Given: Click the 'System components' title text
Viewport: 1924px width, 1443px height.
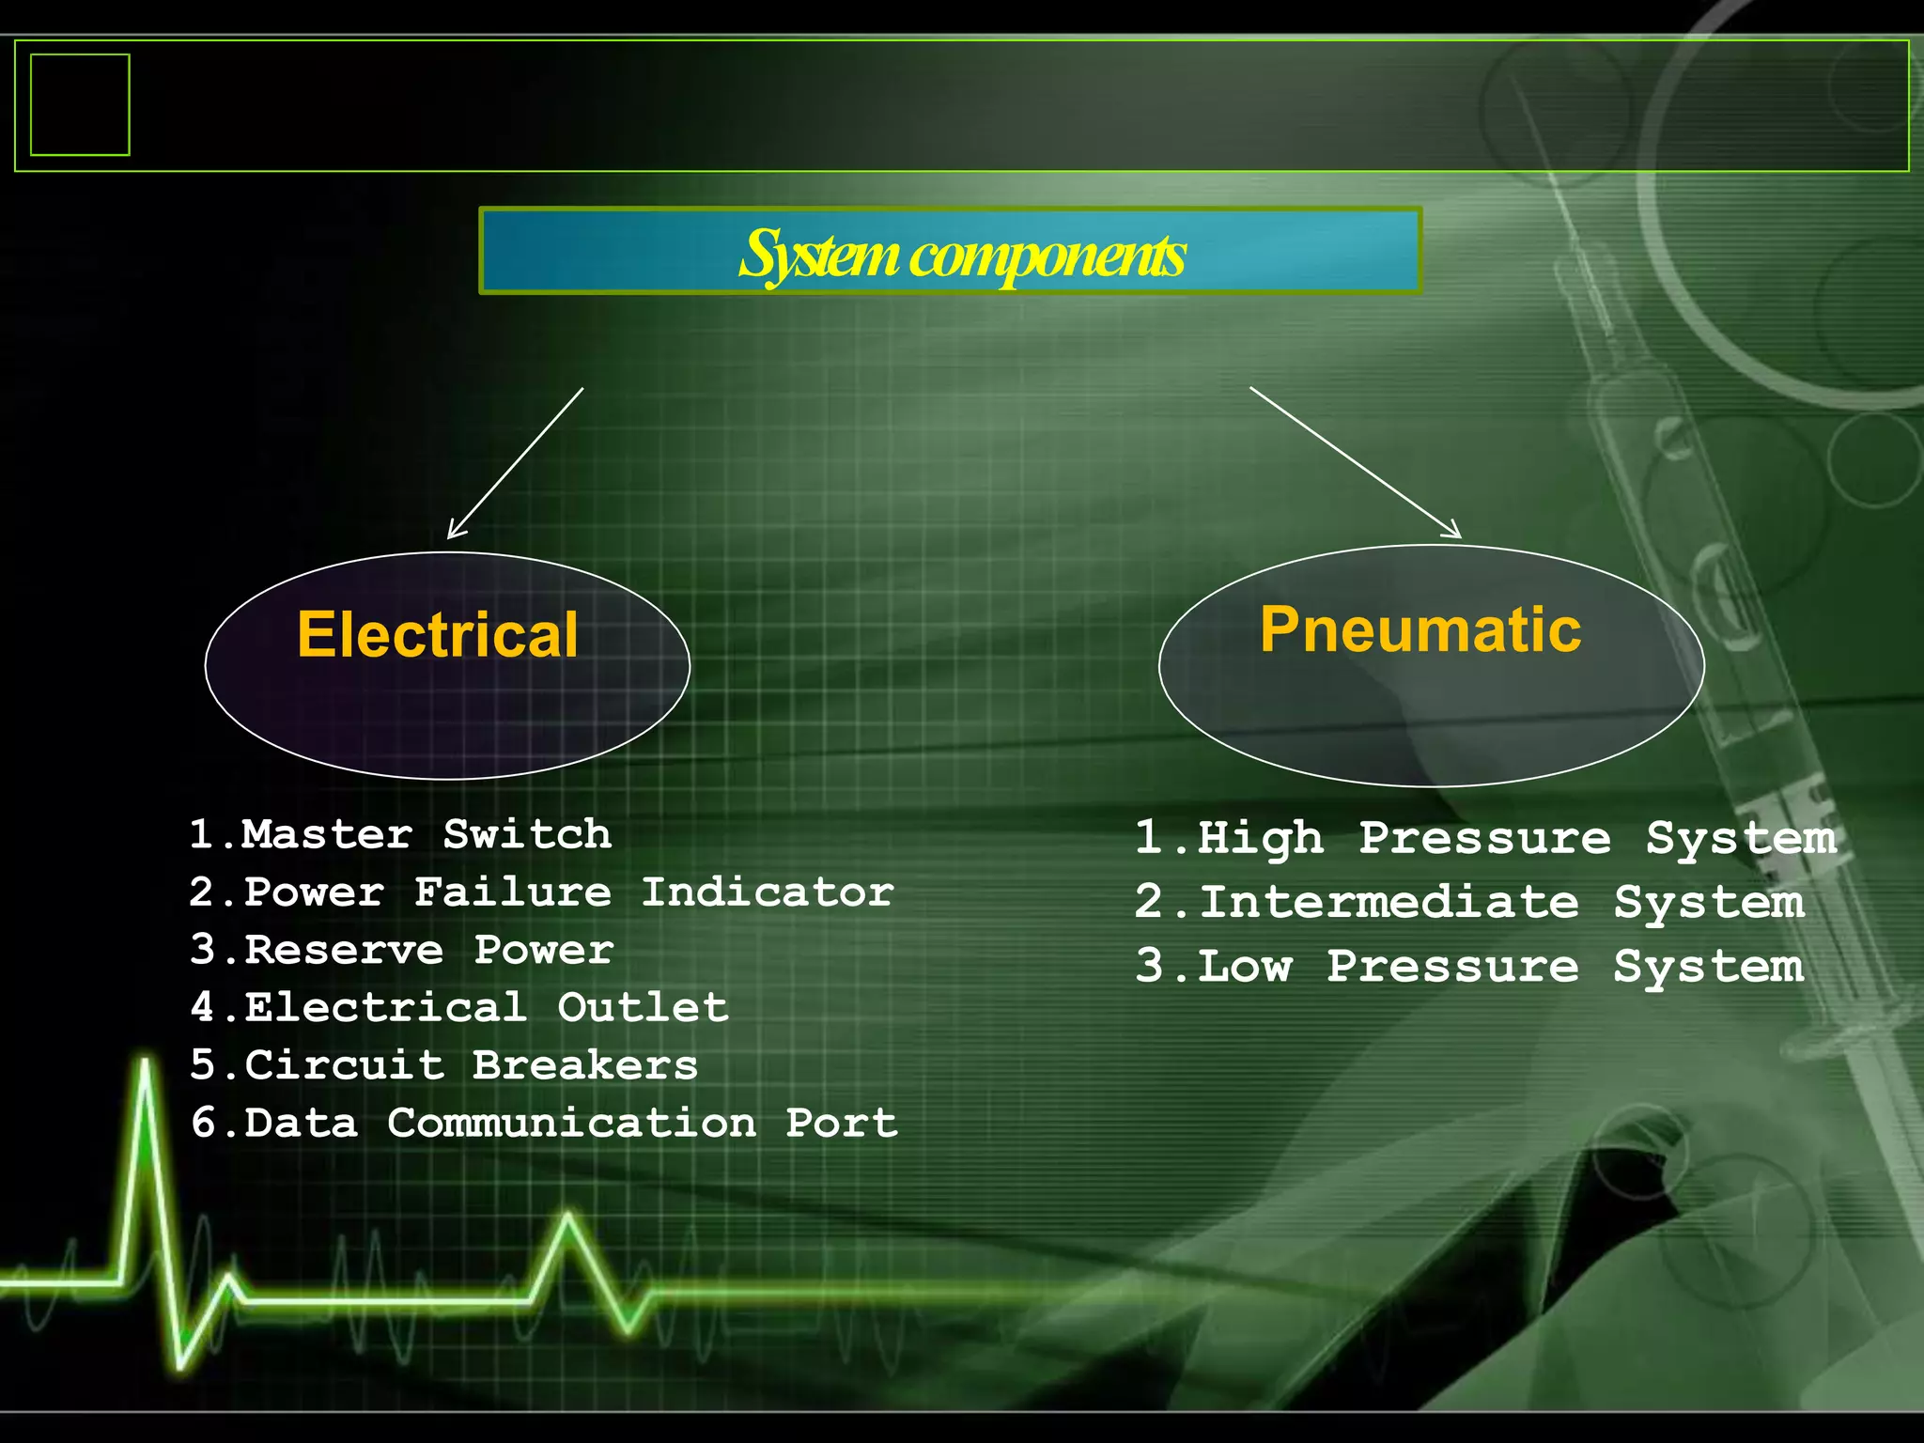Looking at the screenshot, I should [961, 255].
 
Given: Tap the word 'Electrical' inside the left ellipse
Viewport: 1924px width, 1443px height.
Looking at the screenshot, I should [438, 635].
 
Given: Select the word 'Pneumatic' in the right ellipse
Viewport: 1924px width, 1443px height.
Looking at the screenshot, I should [1420, 629].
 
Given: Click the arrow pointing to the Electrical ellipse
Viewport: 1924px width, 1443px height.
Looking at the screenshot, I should [515, 463].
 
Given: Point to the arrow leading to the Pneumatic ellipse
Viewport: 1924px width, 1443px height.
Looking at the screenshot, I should [1355, 461].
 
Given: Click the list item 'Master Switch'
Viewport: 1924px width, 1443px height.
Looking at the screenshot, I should [426, 834].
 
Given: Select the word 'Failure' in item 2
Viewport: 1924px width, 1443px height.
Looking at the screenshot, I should [513, 892].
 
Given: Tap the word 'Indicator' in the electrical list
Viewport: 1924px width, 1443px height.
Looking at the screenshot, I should [767, 892].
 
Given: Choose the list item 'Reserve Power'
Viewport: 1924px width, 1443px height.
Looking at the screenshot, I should [428, 950].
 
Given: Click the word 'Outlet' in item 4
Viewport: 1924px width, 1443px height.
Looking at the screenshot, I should [643, 1008].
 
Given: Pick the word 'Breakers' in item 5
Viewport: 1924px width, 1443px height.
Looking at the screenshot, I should [584, 1065].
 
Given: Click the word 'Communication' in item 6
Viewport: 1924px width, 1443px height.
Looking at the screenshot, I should [571, 1124].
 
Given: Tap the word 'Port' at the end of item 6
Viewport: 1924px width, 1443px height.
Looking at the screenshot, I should [841, 1124].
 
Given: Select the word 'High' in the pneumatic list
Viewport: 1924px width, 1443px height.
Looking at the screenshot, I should [1261, 838].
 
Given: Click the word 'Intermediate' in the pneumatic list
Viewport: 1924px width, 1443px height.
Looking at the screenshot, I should [1389, 903].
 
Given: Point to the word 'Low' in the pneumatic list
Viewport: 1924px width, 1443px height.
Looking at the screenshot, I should [1245, 967].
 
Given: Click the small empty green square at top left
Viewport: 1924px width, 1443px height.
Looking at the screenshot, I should [80, 104].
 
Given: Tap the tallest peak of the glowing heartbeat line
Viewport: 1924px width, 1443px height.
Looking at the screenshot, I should [146, 1066].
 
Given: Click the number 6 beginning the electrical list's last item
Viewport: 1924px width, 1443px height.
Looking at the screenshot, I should [204, 1124].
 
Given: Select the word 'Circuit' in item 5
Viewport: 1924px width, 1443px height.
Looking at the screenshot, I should [344, 1065].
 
